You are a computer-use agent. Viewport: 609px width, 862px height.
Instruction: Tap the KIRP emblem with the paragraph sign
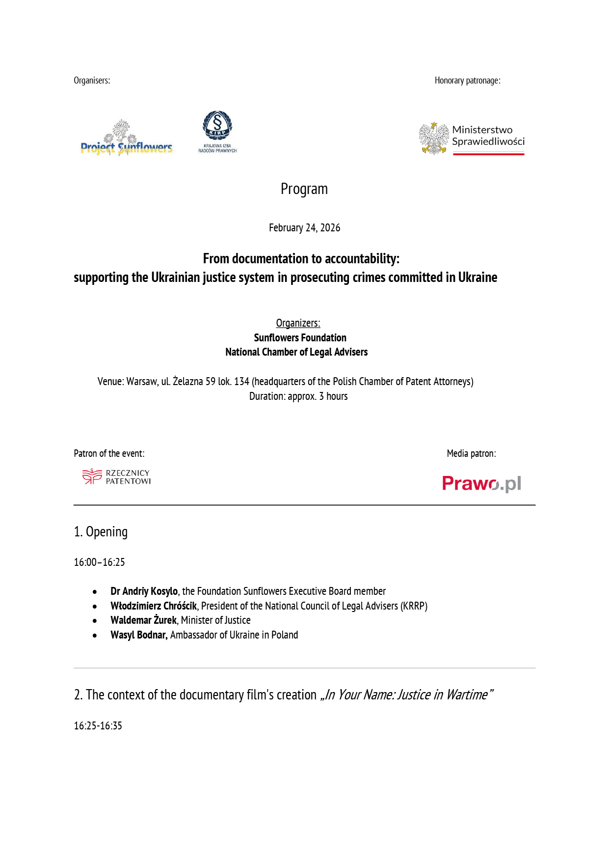(217, 125)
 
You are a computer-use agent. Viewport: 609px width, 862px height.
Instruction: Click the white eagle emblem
(434, 139)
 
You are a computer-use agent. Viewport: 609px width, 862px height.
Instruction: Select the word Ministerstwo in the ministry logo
(482, 130)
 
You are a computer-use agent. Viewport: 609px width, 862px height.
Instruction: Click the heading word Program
(304, 189)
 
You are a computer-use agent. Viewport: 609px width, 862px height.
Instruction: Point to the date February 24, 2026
(304, 228)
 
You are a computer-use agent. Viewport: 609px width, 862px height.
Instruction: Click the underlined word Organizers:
(298, 323)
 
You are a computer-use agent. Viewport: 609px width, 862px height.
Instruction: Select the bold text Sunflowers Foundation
(300, 338)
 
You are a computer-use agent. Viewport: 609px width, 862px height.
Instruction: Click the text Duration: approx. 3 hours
(298, 396)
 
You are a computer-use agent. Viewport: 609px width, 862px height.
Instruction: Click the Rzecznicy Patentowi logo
(117, 477)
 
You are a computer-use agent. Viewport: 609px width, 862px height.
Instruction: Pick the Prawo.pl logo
(481, 484)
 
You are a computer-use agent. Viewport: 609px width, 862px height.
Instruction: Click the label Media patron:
(471, 454)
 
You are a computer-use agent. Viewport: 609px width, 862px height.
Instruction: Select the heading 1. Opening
(101, 532)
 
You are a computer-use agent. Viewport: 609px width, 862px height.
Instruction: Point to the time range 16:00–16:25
(99, 562)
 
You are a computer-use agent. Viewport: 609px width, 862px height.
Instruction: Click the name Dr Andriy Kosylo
(144, 591)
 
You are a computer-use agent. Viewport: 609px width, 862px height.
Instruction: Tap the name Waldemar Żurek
(143, 620)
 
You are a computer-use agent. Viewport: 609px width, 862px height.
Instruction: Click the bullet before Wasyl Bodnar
(95, 636)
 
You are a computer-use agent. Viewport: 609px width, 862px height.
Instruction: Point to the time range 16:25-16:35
(98, 726)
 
